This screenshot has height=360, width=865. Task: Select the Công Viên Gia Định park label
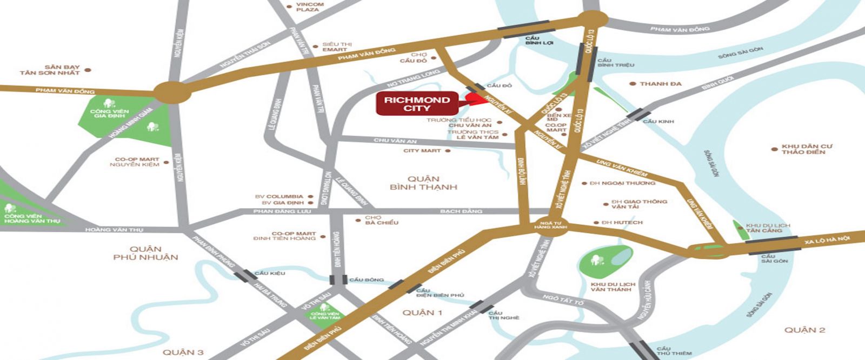click(x=110, y=112)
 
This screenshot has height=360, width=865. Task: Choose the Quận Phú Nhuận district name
click(x=145, y=253)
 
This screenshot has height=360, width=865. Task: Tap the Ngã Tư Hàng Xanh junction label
click(x=550, y=223)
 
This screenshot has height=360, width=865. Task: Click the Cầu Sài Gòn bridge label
click(x=774, y=259)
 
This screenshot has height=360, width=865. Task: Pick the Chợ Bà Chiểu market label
click(x=382, y=220)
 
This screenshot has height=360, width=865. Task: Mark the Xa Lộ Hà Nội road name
click(x=827, y=239)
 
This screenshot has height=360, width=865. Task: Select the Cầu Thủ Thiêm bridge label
click(x=674, y=351)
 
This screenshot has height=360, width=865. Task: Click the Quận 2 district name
click(x=804, y=330)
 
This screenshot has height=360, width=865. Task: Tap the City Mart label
click(x=422, y=151)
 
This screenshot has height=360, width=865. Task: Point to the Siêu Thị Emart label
click(x=335, y=46)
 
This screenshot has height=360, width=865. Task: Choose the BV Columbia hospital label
click(x=284, y=197)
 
